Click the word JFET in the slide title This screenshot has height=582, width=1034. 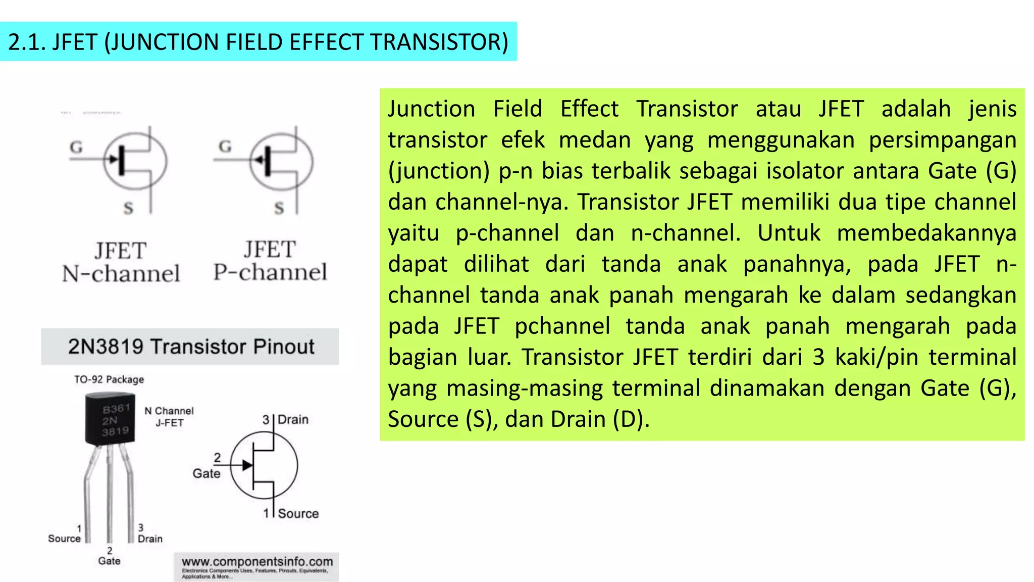tap(74, 42)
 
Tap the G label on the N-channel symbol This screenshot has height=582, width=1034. tap(76, 147)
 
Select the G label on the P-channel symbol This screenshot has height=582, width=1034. tap(225, 147)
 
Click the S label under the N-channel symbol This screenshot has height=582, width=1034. tap(129, 208)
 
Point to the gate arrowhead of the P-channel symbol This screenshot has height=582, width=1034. tap(259, 160)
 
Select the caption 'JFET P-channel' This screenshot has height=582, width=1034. tap(270, 261)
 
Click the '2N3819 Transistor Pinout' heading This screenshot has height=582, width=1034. tap(191, 347)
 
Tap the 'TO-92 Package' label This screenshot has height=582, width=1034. tap(109, 379)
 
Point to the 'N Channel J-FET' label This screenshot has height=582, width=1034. tap(169, 417)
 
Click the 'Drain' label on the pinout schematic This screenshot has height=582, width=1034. tap(293, 419)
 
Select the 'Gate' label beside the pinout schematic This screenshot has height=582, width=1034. tap(206, 473)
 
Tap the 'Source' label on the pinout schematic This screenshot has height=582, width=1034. tap(298, 513)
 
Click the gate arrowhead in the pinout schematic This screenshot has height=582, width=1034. tap(247, 465)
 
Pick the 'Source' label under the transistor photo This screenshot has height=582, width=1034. tap(64, 539)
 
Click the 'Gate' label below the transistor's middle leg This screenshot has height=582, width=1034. tap(110, 561)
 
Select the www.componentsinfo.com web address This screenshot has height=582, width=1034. tap(257, 562)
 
